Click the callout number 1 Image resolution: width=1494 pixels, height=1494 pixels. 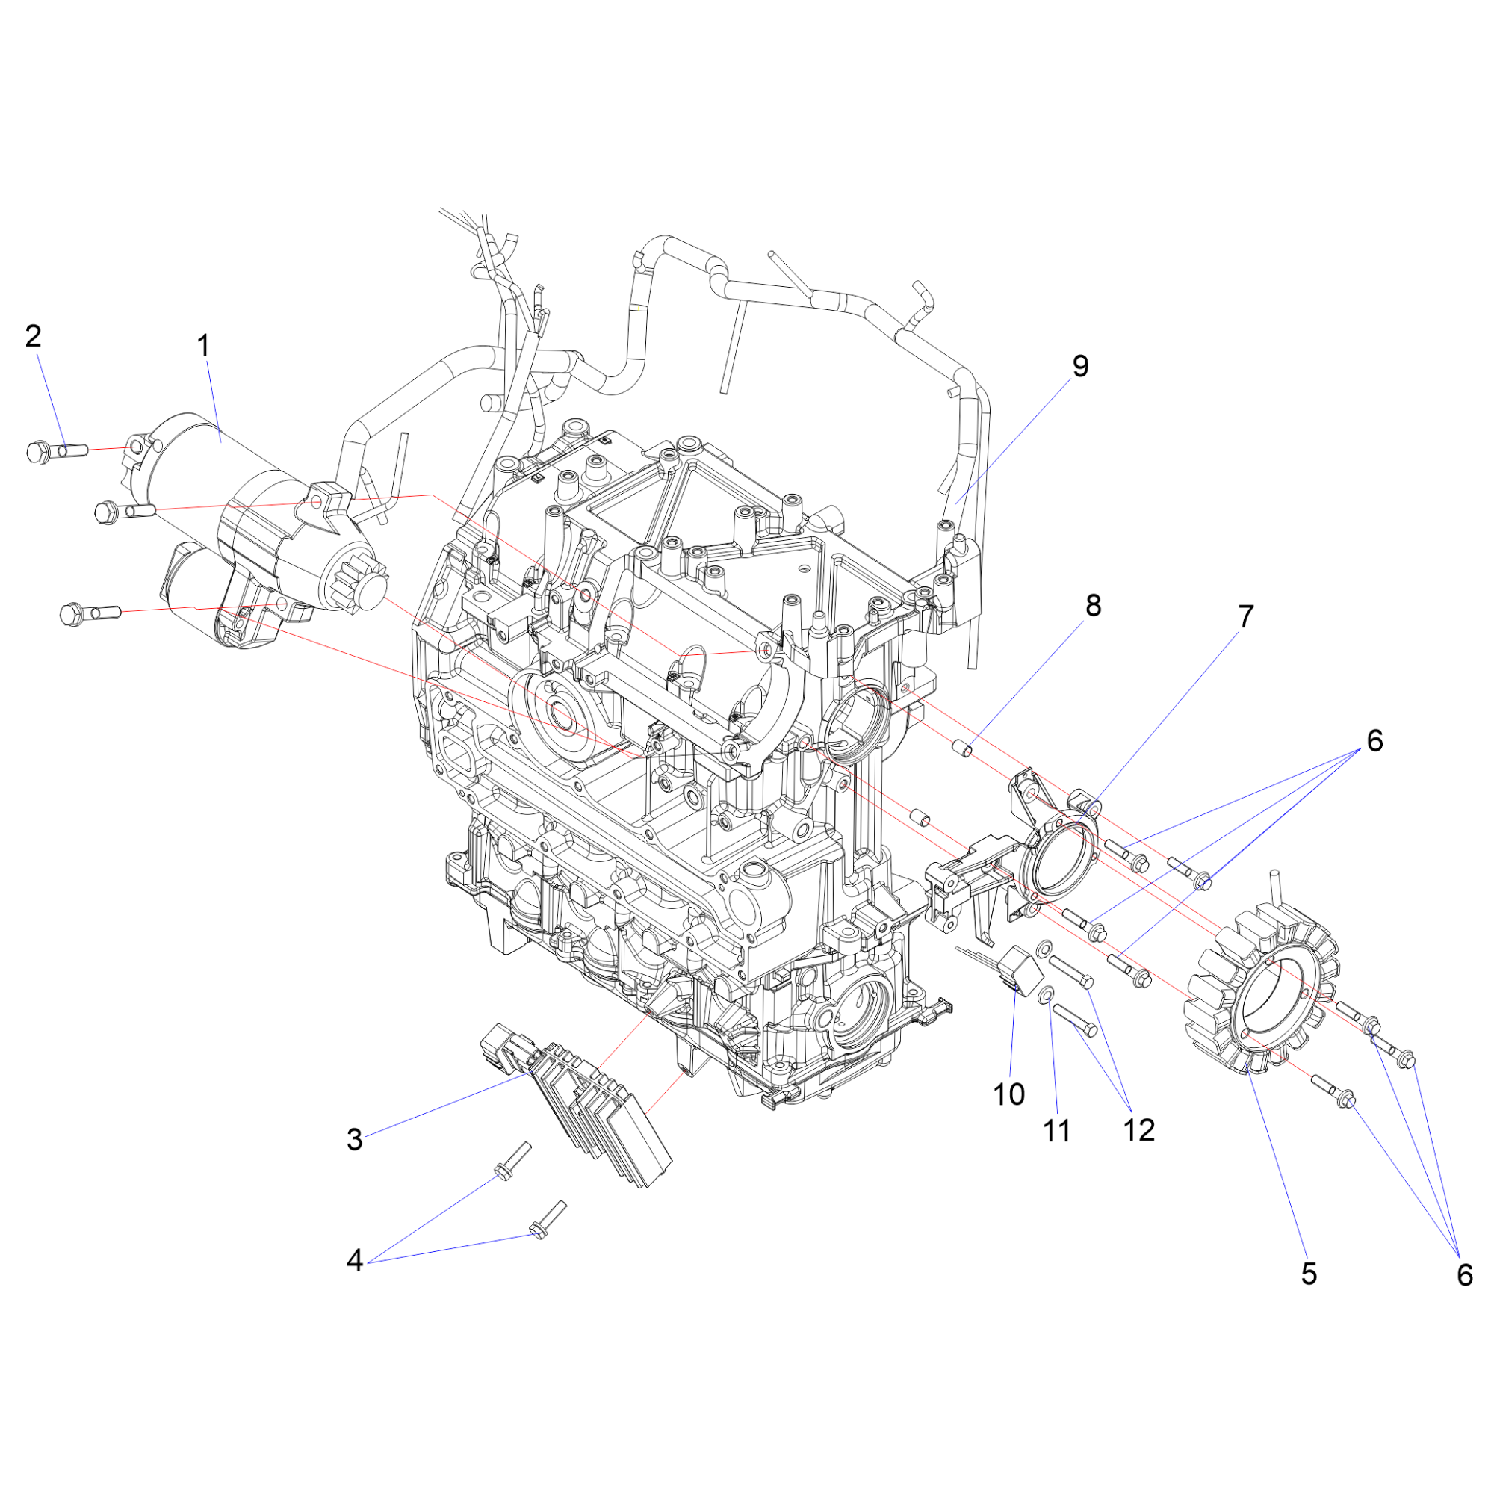pos(204,346)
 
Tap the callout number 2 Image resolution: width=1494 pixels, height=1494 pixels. pos(34,335)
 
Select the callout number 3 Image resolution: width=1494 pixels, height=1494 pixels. pos(355,1139)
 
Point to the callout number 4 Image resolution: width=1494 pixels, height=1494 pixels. pos(355,1260)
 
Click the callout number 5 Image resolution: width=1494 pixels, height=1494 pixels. pos(1309,1274)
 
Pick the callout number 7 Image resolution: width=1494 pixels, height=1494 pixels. pos(1246,616)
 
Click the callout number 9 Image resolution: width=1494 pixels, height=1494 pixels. pos(1080,366)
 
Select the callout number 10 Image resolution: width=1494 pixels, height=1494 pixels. pos(1009,1094)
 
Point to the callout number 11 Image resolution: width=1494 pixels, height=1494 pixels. pos(1056,1131)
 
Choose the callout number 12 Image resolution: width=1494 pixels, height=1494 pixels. pos(1138,1129)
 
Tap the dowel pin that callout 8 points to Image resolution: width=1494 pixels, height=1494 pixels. pos(962,748)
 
